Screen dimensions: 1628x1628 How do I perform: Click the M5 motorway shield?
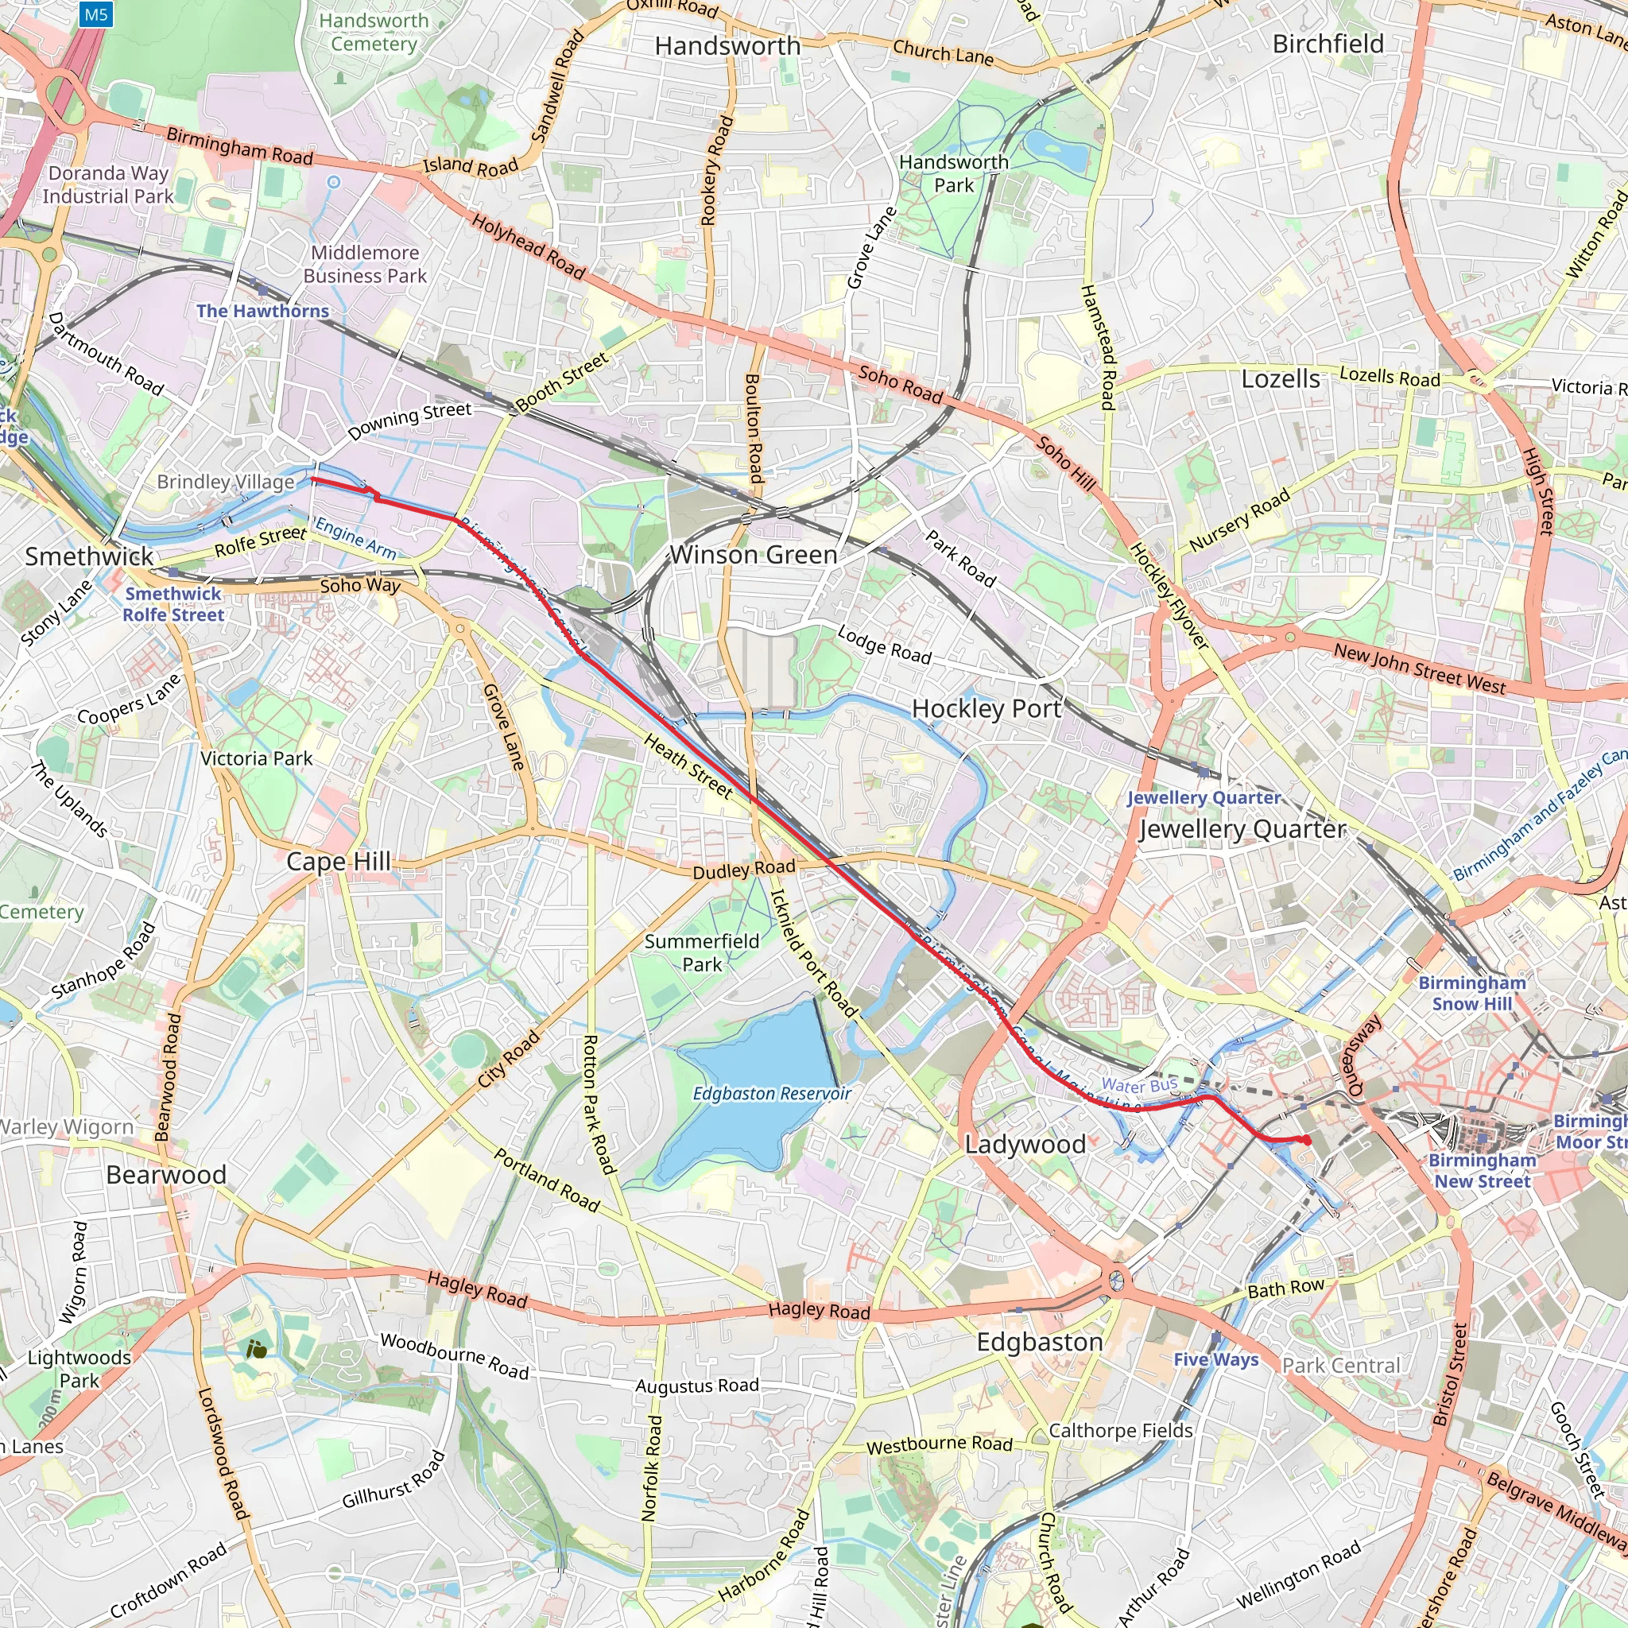tap(96, 14)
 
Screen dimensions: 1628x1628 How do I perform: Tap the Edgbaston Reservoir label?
tap(771, 1094)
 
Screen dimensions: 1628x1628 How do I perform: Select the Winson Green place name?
tap(754, 555)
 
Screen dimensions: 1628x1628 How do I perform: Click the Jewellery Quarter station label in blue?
tap(1204, 797)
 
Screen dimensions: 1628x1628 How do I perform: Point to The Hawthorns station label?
tap(262, 311)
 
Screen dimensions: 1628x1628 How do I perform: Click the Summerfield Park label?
tap(701, 953)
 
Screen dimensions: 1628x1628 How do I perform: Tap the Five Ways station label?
tap(1215, 1359)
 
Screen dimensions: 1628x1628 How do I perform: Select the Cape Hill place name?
tap(338, 861)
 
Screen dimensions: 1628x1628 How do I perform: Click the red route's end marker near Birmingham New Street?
tap(1306, 1140)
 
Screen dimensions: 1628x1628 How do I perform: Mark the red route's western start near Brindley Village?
tap(313, 479)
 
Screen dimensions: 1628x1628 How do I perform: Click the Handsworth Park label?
tap(953, 173)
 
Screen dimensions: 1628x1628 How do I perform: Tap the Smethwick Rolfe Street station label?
tap(172, 604)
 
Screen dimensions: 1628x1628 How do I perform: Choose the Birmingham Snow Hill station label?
tap(1471, 993)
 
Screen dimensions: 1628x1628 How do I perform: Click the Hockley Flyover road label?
tap(1169, 595)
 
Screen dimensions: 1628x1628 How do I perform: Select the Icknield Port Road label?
tap(813, 954)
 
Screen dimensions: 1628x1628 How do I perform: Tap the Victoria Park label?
tap(256, 758)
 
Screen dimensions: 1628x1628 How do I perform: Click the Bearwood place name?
tap(166, 1175)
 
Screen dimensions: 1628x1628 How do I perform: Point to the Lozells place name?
tap(1280, 379)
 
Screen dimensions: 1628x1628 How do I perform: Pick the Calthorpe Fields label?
tap(1120, 1431)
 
